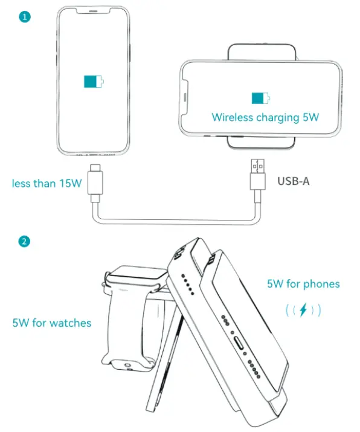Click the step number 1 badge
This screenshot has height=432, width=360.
(25, 17)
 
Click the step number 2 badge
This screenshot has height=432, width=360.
(25, 242)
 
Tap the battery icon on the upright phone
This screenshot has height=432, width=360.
(94, 81)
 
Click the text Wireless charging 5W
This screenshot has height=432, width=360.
(264, 117)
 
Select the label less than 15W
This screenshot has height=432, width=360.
(47, 183)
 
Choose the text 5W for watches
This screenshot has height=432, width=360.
(52, 323)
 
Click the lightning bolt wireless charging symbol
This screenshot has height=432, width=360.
(303, 310)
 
